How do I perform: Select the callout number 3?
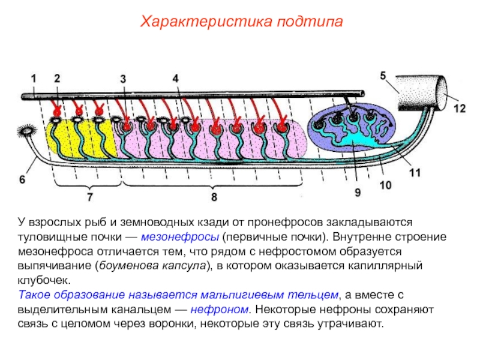click(x=123, y=79)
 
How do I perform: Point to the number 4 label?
click(x=175, y=78)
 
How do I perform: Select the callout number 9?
click(x=358, y=193)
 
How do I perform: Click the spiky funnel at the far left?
click(x=27, y=131)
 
